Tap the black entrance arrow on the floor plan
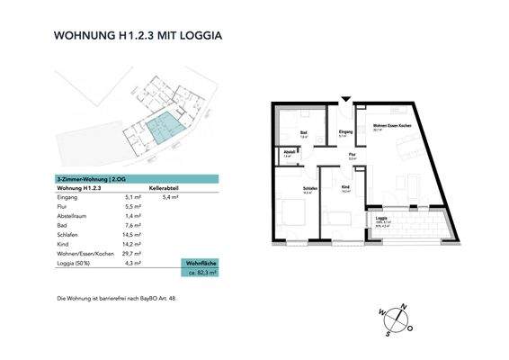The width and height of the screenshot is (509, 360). pyautogui.click(x=344, y=99)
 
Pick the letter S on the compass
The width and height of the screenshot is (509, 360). pyautogui.click(x=388, y=332)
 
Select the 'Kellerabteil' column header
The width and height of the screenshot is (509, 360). pyautogui.click(x=167, y=187)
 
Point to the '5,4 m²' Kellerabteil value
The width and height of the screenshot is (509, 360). pyautogui.click(x=167, y=196)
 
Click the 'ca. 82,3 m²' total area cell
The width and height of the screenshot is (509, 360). pyautogui.click(x=201, y=270)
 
